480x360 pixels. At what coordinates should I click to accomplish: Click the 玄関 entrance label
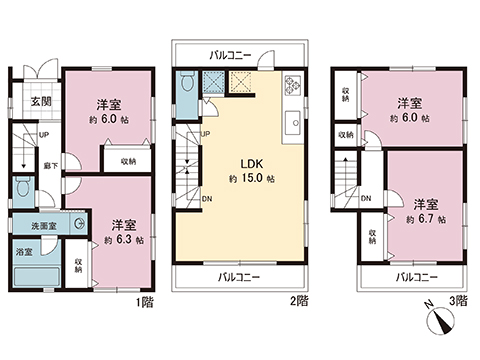click(39, 101)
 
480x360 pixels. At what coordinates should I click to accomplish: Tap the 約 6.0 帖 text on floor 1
click(109, 119)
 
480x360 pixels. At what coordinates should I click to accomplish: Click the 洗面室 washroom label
click(39, 224)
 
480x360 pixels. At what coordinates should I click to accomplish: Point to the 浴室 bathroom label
click(22, 253)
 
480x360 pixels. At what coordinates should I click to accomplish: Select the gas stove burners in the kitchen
click(293, 86)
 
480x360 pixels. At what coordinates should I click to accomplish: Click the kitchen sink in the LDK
click(294, 124)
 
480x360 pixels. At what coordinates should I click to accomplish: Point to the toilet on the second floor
click(187, 86)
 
